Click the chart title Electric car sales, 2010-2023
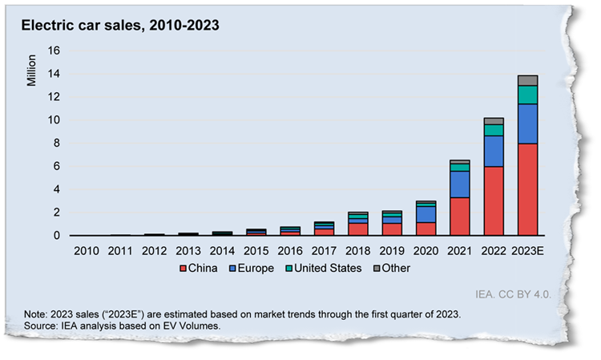(119, 25)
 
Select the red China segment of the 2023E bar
(527, 189)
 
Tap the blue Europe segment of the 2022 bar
(494, 151)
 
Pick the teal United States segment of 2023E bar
(527, 95)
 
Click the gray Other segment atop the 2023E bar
(527, 80)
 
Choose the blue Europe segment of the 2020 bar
(426, 214)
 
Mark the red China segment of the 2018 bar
(359, 229)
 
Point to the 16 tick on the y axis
(54, 51)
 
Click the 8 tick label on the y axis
(58, 144)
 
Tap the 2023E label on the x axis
(527, 250)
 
